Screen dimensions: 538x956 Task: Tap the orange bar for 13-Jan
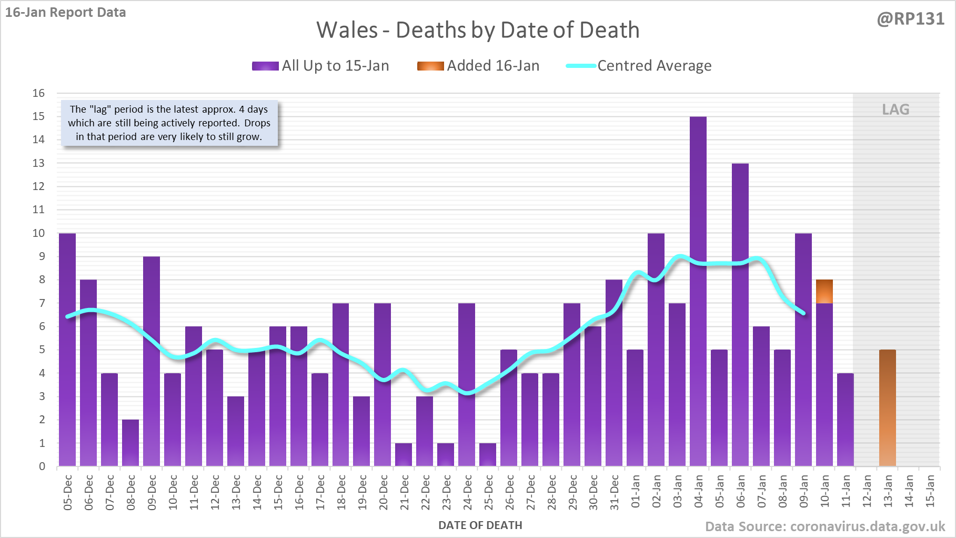pos(888,408)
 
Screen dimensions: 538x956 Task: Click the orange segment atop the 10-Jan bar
pos(824,292)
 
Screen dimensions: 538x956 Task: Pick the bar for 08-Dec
pos(130,443)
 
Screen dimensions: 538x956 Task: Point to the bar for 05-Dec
pos(67,350)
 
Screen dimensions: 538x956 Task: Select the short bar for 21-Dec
pos(404,454)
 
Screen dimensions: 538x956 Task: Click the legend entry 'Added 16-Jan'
pos(478,66)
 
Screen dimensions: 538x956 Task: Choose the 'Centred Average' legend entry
pos(639,66)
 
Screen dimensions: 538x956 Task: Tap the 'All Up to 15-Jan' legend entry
pos(321,66)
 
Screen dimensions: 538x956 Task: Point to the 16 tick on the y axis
pos(39,93)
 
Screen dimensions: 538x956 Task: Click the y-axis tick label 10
pos(39,233)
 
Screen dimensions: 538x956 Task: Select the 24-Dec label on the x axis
pos(467,492)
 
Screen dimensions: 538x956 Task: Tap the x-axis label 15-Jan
pos(930,491)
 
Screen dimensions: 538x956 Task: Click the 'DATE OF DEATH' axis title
pos(480,525)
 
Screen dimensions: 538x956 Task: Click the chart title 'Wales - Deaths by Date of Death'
pos(478,30)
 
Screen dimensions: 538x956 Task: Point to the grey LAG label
pos(895,109)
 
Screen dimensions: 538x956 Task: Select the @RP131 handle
pos(910,19)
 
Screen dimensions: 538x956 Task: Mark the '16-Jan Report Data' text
pos(66,13)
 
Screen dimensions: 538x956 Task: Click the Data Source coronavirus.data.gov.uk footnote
pos(825,527)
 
